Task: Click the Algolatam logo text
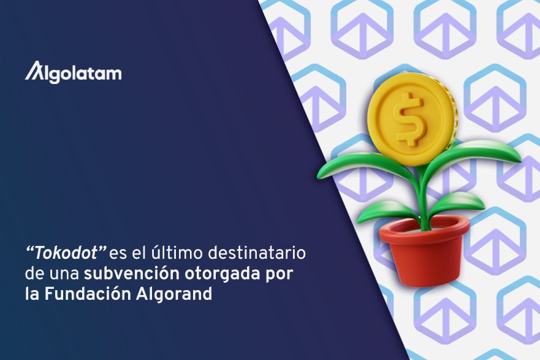(x=73, y=72)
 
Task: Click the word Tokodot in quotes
(x=66, y=253)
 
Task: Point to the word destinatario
(x=257, y=253)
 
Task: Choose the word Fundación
(x=88, y=294)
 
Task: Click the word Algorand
(x=174, y=295)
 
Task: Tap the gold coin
(x=413, y=118)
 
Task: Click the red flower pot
(x=424, y=251)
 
